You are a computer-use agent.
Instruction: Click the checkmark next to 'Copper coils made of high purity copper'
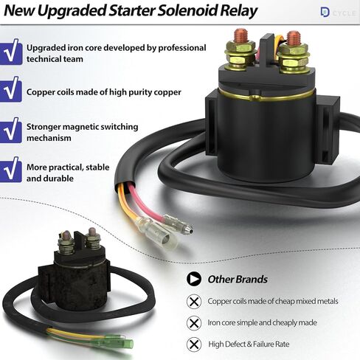coord(11,91)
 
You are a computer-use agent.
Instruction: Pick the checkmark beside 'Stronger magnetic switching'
coord(11,131)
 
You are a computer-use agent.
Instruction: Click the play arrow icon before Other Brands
coord(194,280)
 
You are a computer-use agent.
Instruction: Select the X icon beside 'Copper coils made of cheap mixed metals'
coord(194,302)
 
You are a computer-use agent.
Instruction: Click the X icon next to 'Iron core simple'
coord(194,323)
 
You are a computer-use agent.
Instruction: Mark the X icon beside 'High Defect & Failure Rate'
coord(194,344)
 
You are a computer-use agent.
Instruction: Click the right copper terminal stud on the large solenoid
coord(294,38)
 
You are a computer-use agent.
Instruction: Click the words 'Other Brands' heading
coord(238,280)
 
